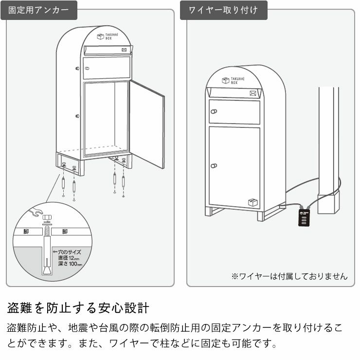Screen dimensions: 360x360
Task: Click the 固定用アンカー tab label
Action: tap(38, 10)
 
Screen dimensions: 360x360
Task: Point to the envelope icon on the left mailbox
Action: tap(125, 50)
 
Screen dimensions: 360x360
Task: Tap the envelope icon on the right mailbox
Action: tap(253, 93)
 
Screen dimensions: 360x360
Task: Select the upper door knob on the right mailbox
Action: tap(213, 111)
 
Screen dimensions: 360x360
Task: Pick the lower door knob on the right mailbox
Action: tap(213, 166)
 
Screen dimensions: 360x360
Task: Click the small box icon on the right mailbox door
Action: tap(252, 202)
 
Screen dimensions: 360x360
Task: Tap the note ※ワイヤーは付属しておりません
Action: tap(289, 276)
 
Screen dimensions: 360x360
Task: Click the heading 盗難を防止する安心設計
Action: tap(78, 308)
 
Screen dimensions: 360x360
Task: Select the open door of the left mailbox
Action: tap(147, 124)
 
